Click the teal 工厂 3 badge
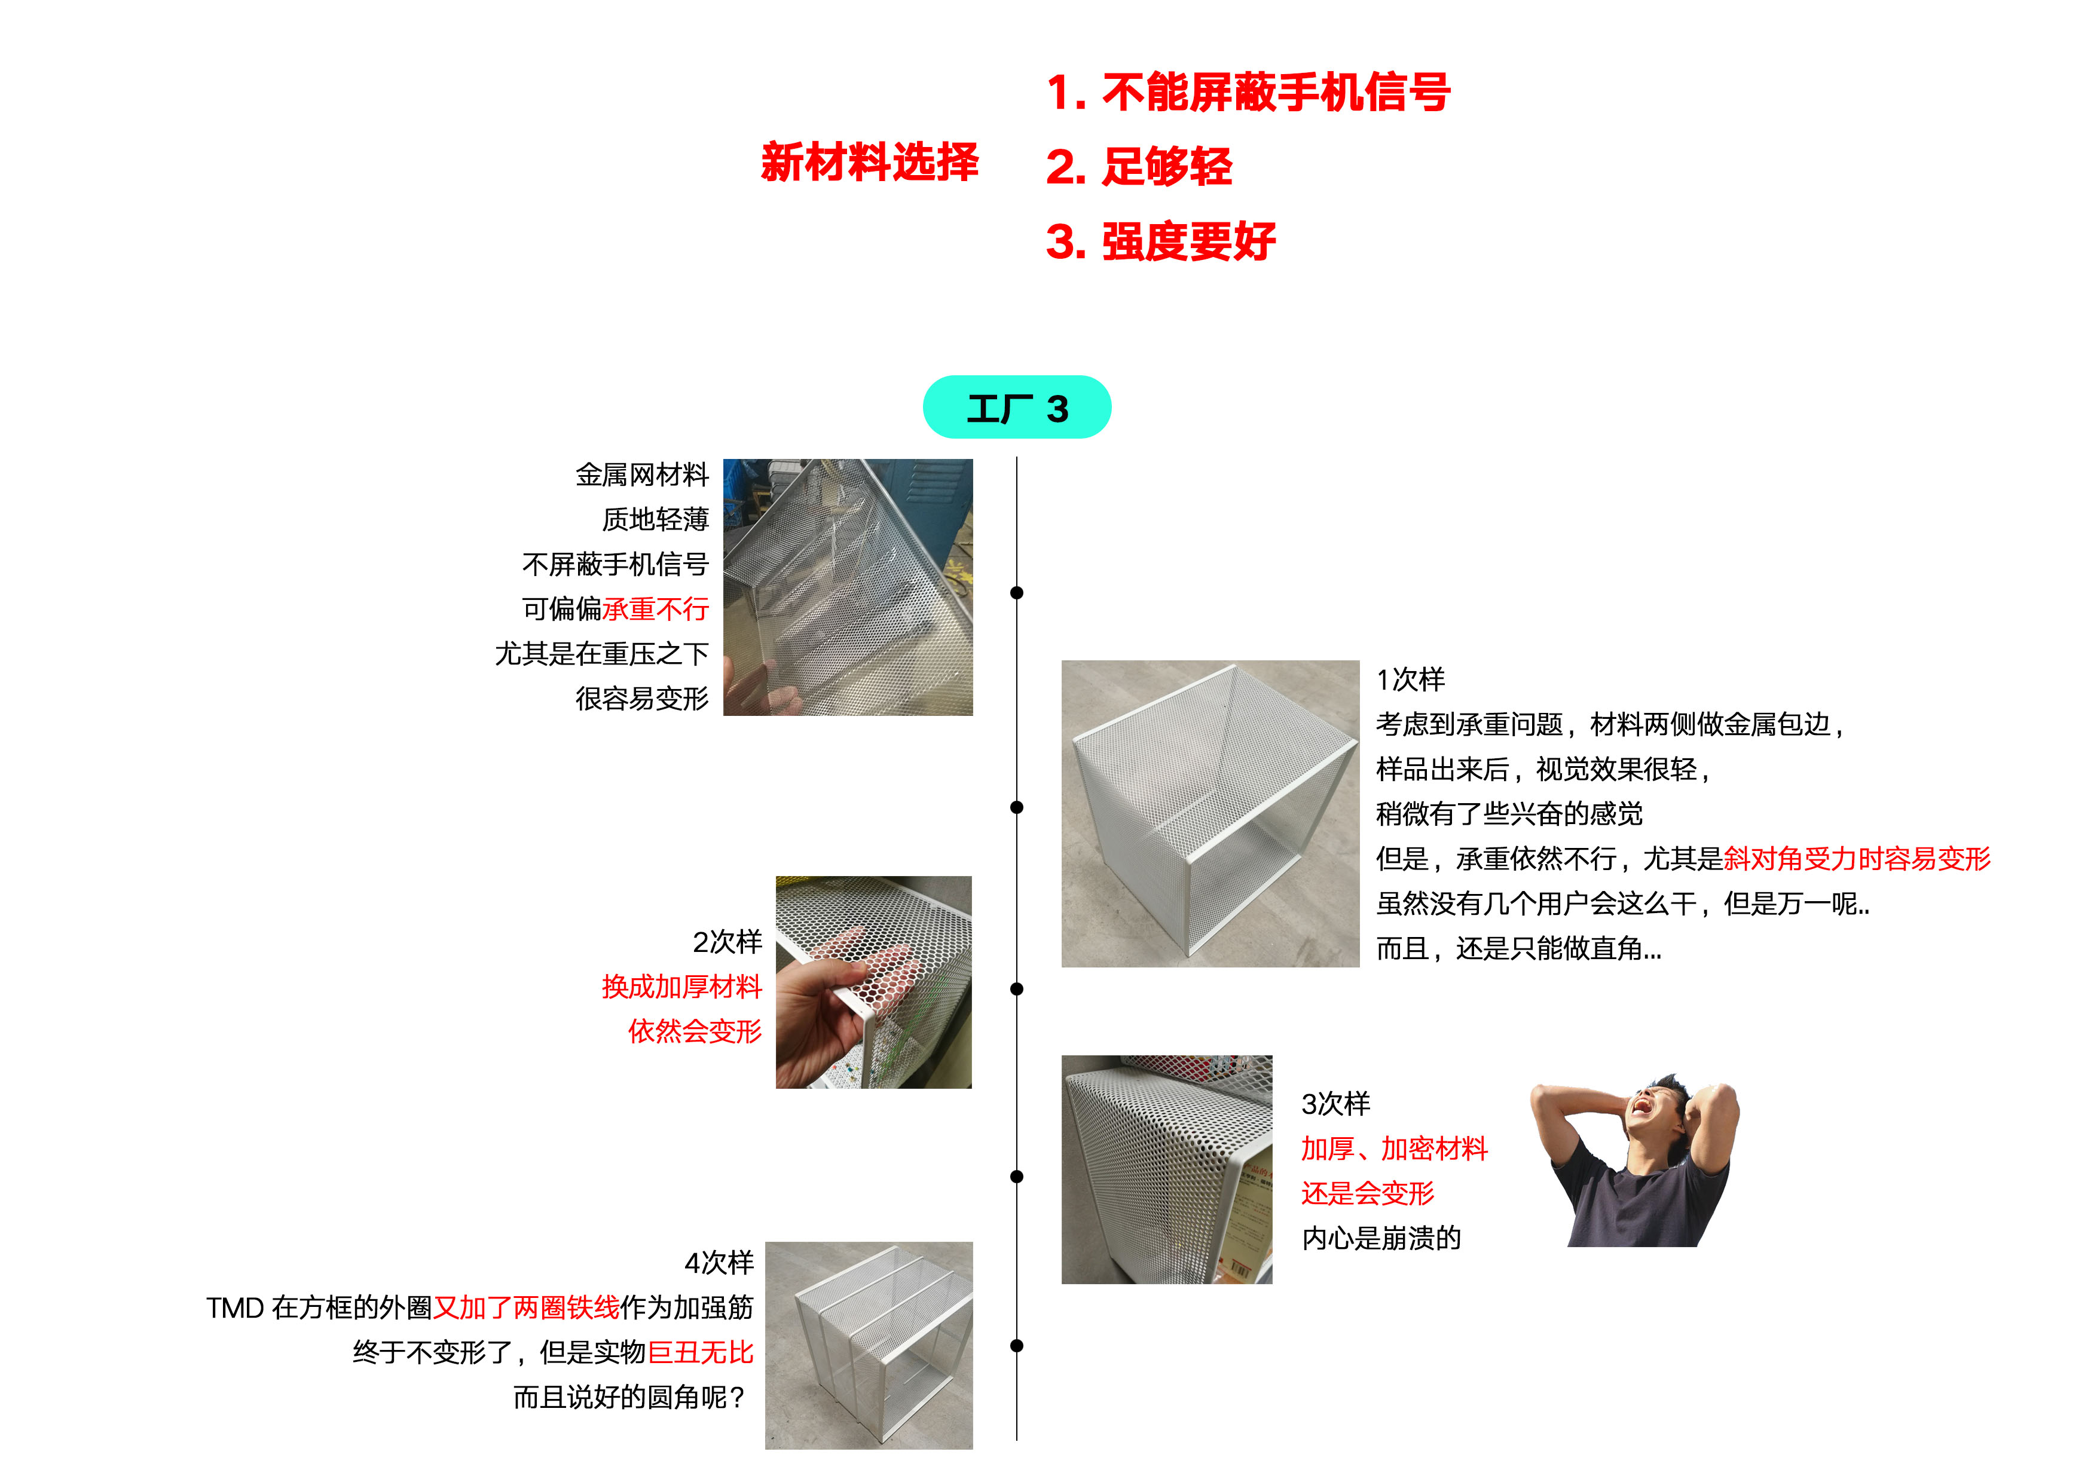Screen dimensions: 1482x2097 tap(1017, 408)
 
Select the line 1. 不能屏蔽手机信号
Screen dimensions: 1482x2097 tap(1248, 92)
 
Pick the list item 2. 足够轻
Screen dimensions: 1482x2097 tap(1139, 167)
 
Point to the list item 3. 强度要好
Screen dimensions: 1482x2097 tap(1160, 242)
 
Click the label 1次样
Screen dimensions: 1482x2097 tap(1410, 679)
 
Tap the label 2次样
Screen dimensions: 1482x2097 tap(727, 941)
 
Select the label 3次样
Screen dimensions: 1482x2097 tap(1335, 1103)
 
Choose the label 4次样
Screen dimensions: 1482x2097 tap(719, 1263)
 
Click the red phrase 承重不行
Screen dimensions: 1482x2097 tap(656, 609)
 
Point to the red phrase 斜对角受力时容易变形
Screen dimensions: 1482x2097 tap(1856, 858)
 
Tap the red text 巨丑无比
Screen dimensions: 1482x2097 tap(701, 1352)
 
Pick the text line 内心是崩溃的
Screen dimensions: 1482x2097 tap(1381, 1238)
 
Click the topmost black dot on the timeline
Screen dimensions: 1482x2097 tap(1017, 593)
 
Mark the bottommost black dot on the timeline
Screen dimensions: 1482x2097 tap(1017, 1345)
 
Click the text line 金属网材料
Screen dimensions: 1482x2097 tap(642, 475)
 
